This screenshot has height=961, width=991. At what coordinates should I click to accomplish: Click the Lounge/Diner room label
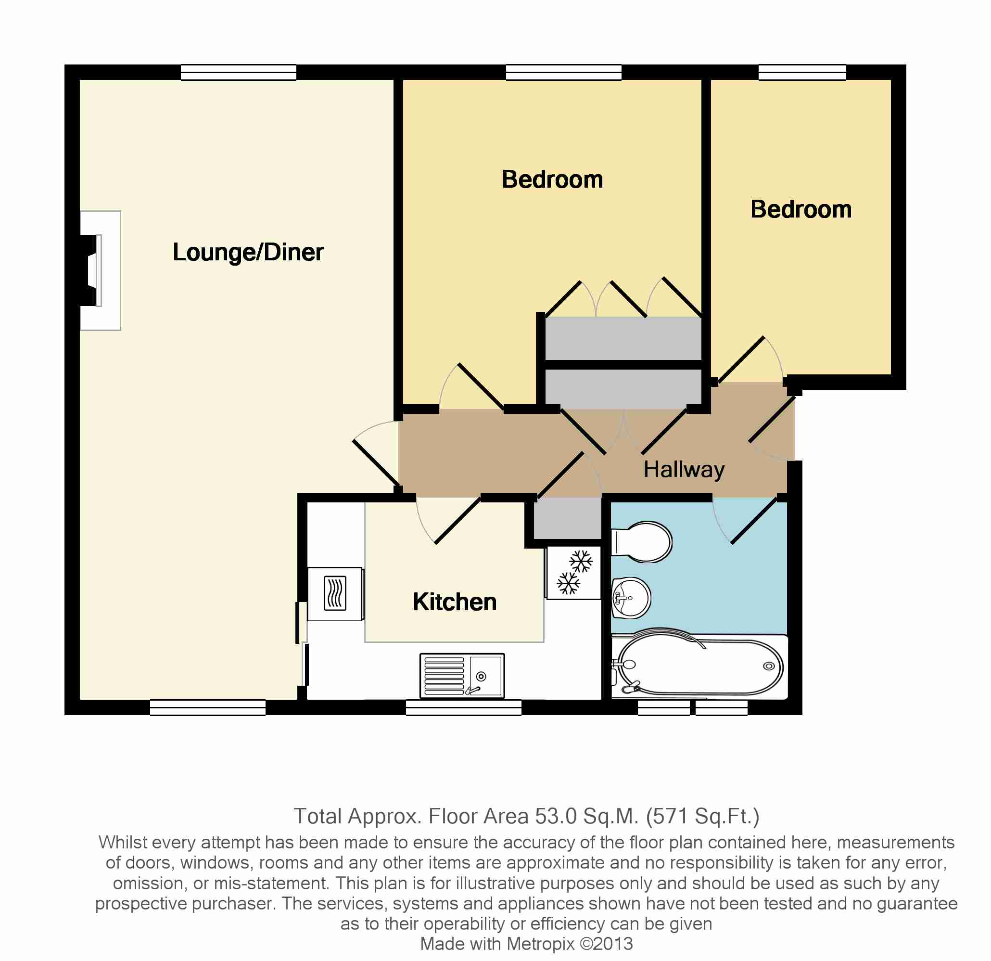248,252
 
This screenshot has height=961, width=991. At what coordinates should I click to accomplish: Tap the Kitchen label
455,602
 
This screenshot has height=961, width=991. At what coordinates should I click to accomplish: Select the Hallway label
684,470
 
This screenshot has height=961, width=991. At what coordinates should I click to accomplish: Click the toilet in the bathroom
642,542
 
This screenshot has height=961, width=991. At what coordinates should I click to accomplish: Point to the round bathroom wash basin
631,598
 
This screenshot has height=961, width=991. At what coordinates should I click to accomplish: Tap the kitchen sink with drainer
462,676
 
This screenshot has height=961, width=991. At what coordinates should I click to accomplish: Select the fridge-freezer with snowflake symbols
573,572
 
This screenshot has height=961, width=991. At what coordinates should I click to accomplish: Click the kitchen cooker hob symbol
335,594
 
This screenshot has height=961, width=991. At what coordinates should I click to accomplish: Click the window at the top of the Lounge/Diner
239,72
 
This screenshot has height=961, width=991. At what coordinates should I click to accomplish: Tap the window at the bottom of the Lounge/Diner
208,707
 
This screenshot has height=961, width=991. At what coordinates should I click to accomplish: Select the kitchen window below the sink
464,707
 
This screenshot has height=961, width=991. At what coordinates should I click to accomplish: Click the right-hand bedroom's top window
802,72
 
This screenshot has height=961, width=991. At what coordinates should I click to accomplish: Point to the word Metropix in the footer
541,944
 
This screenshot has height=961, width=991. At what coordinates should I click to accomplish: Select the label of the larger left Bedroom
553,179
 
